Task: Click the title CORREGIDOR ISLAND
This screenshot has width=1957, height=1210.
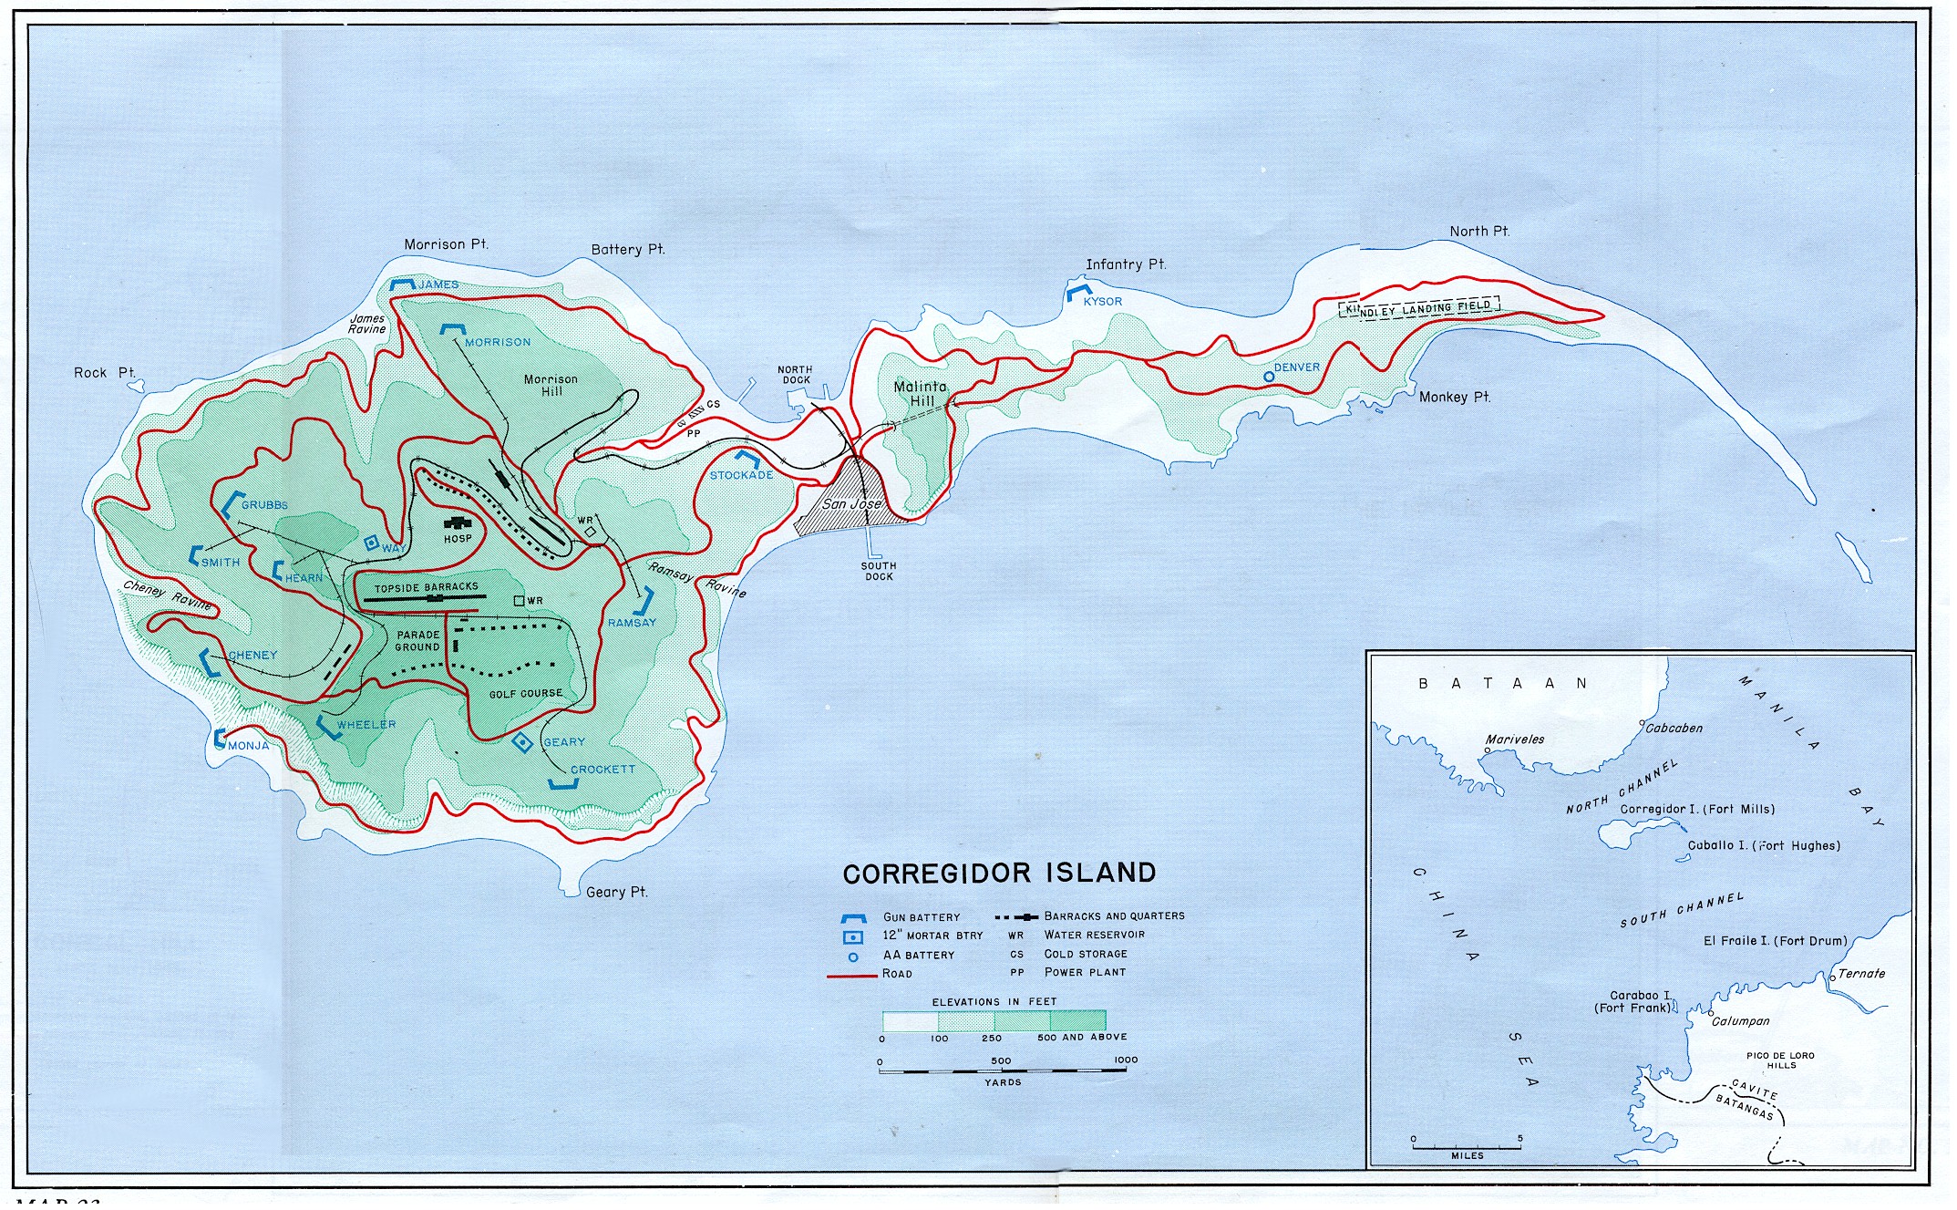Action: pos(999,874)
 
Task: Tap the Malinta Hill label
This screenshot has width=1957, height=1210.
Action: pos(920,394)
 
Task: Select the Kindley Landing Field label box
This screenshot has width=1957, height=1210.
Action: pos(1418,309)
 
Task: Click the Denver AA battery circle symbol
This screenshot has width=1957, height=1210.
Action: pos(1268,376)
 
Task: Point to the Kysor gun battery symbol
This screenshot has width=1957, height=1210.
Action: pos(1077,294)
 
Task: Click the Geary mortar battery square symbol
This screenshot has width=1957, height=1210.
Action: pos(521,743)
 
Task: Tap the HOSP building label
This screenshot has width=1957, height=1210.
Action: pos(458,539)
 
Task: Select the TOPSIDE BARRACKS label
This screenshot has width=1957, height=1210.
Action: pos(426,588)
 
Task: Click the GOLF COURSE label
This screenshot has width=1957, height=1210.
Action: pos(526,694)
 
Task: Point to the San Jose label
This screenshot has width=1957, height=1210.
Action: pos(851,504)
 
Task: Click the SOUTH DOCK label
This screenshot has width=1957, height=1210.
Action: pos(879,572)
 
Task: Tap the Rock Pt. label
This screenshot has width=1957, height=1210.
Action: pos(105,373)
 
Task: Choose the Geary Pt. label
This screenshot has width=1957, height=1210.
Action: pos(616,892)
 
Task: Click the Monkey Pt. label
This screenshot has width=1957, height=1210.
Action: pos(1454,398)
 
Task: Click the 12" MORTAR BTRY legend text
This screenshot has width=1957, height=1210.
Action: pos(932,936)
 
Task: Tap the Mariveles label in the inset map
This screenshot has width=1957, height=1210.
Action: pos(1514,739)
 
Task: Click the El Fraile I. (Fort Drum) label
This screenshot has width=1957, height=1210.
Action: pos(1775,941)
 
